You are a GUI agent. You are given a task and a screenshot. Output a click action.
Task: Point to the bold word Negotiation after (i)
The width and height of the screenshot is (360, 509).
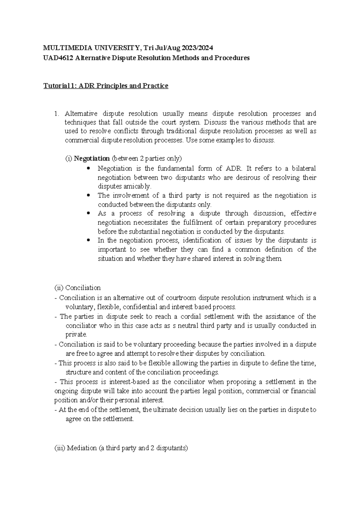(92, 158)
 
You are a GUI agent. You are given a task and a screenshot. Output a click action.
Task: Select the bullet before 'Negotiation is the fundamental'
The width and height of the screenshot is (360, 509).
(88, 169)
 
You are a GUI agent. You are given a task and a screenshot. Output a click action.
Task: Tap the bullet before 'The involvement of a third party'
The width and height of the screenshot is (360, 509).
(88, 196)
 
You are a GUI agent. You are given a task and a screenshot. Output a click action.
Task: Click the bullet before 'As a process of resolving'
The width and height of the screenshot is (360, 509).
(88, 214)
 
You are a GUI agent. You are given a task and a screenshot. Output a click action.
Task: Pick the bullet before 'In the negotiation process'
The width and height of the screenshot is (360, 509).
(88, 241)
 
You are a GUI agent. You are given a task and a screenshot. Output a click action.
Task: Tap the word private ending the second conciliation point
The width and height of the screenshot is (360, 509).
(76, 335)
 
